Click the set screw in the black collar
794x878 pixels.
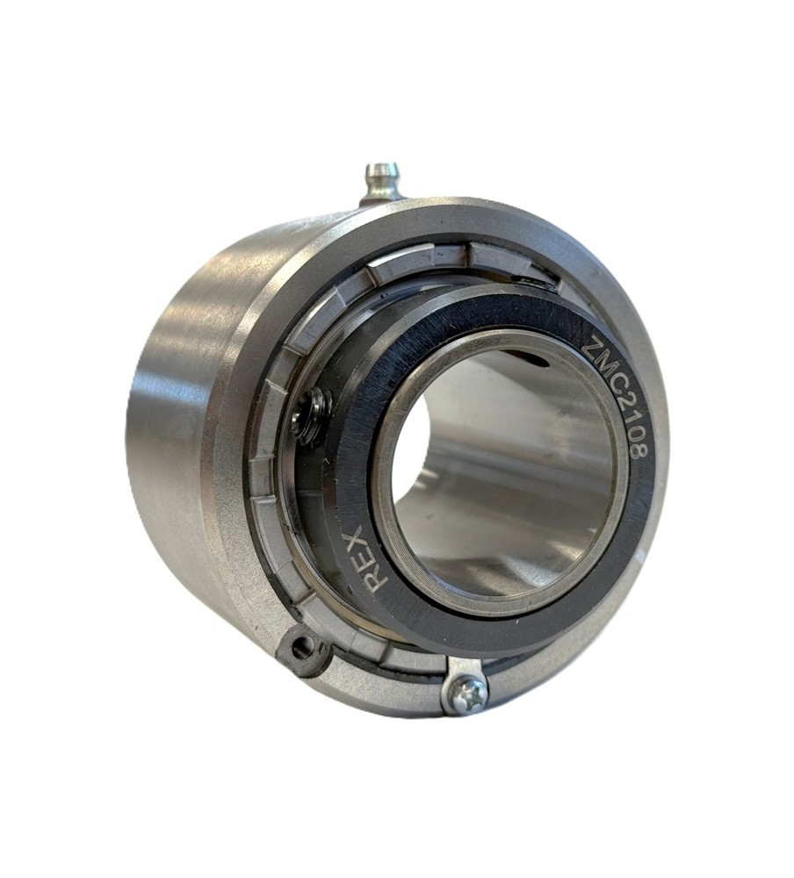coord(309,416)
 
